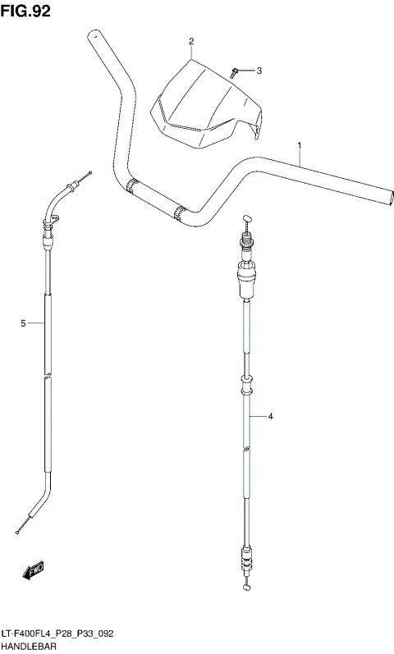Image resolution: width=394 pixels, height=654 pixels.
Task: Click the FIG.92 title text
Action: [25, 11]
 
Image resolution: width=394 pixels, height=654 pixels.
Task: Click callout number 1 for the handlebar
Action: [300, 145]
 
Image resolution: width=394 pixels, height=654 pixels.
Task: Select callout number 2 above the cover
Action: [191, 41]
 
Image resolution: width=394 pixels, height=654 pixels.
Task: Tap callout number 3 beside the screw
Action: [259, 71]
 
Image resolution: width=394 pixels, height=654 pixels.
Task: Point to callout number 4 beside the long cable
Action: [270, 416]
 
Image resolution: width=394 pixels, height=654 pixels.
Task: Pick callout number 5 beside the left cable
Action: [23, 323]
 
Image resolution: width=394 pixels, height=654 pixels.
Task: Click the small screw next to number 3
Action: [234, 72]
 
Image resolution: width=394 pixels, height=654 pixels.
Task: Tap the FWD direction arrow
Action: [33, 570]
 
